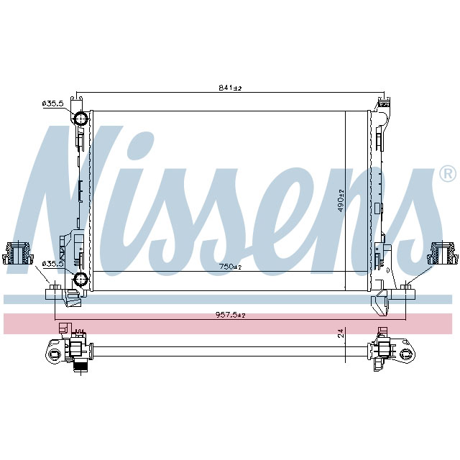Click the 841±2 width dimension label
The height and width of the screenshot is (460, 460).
pos(230,88)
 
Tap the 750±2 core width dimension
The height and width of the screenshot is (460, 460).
pos(230,266)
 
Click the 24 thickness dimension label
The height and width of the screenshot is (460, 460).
pos(341,333)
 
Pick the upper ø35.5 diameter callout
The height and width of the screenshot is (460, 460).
pos(53,104)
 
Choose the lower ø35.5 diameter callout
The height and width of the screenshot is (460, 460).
pos(53,264)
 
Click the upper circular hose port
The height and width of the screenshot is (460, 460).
pos(81,119)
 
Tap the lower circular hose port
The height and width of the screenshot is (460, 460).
pos(81,279)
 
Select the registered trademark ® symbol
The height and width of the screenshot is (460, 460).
pos(446,174)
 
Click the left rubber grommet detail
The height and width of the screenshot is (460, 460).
pos(19,254)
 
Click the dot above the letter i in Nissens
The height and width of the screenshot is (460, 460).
pos(143,144)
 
